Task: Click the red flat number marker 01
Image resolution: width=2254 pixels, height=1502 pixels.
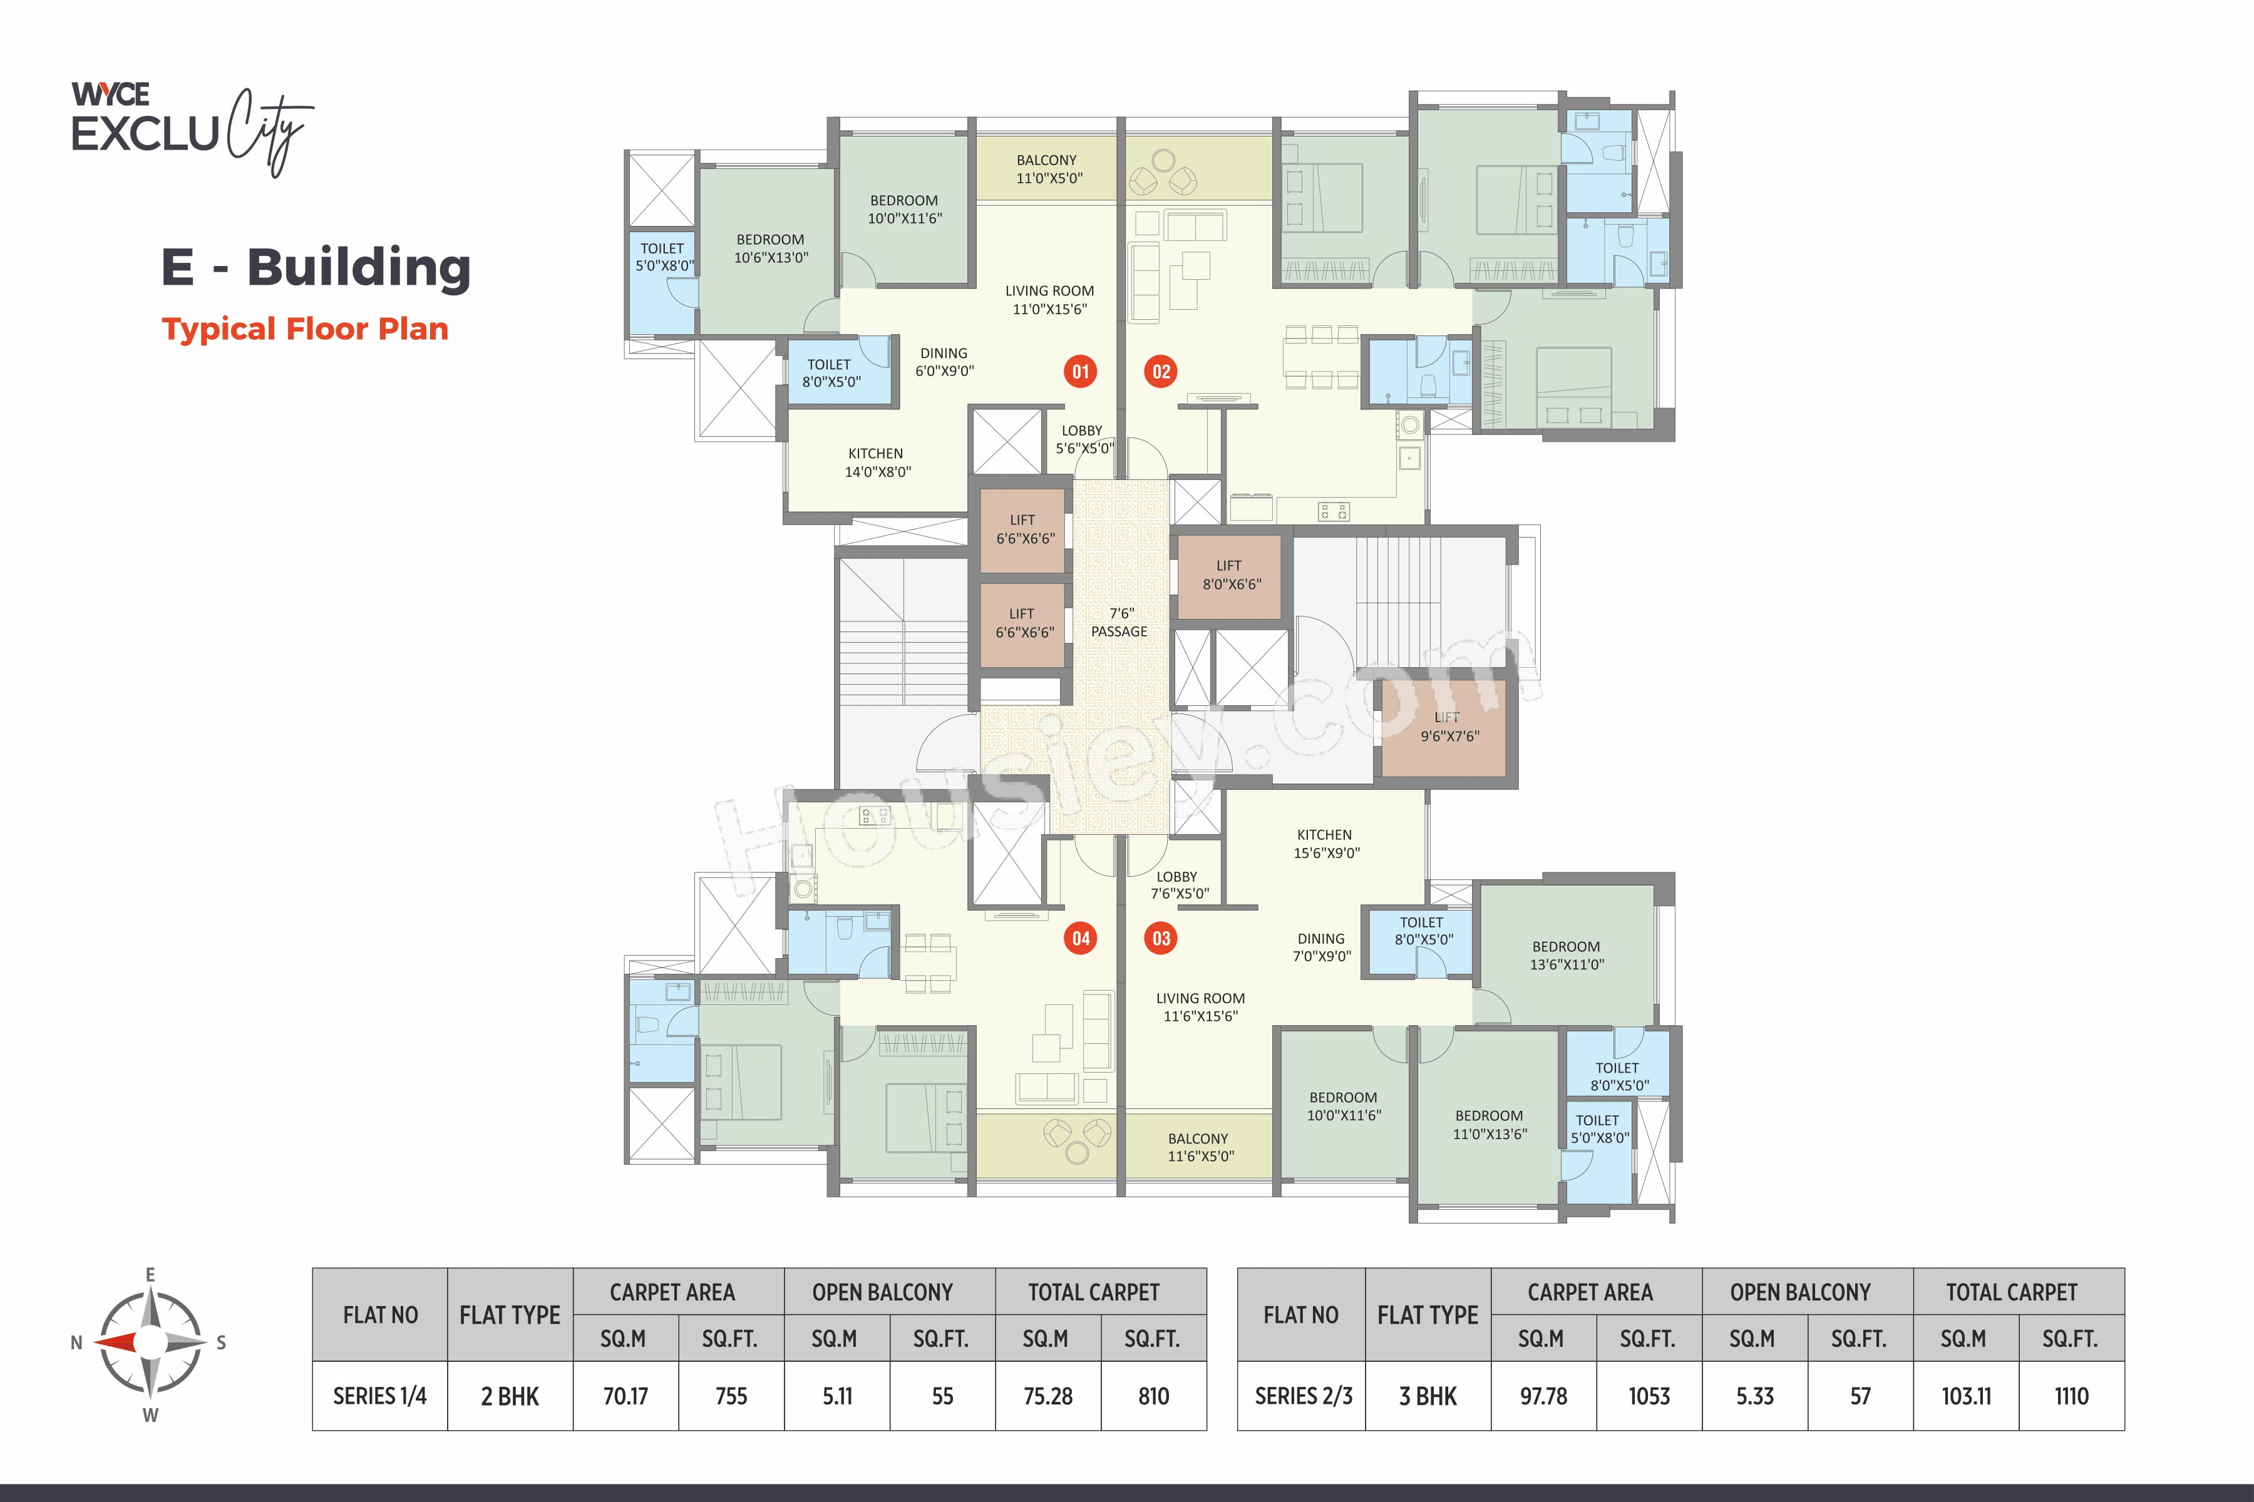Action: pos(1080,372)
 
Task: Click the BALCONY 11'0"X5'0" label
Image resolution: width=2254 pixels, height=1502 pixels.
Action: pos(1047,168)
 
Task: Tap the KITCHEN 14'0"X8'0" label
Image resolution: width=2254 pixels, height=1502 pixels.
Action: pos(877,462)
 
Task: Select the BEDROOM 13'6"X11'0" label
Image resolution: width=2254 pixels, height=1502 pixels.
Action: pos(1566,955)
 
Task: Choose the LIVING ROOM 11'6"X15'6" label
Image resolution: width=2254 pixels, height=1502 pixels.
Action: pos(1200,1007)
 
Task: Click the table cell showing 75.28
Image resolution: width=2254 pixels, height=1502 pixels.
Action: pos(1047,1396)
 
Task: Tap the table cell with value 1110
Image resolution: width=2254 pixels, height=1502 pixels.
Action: pos(2071,1396)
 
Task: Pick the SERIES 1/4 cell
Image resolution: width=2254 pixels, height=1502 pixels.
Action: pos(379,1396)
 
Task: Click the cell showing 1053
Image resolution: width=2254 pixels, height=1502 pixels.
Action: pos(1649,1396)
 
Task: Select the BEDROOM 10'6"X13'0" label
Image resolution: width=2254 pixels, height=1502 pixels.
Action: pos(771,248)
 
